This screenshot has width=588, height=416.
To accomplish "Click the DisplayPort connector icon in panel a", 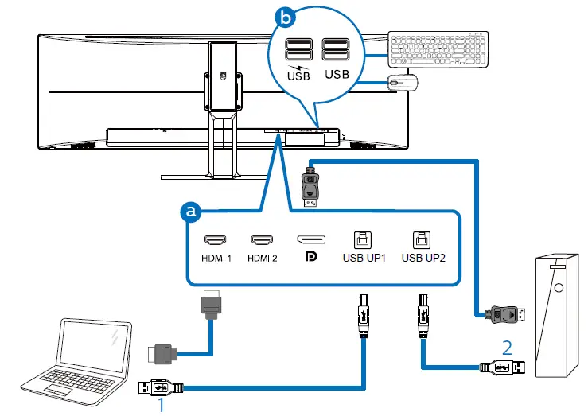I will pyautogui.click(x=310, y=239).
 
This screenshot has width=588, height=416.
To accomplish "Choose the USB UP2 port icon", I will pyautogui.click(x=419, y=238).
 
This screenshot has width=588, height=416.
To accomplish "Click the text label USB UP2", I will pyautogui.click(x=423, y=257).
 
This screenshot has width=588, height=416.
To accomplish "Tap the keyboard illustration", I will pyautogui.click(x=438, y=50).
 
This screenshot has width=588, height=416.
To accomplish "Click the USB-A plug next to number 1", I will pyautogui.click(x=162, y=388).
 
